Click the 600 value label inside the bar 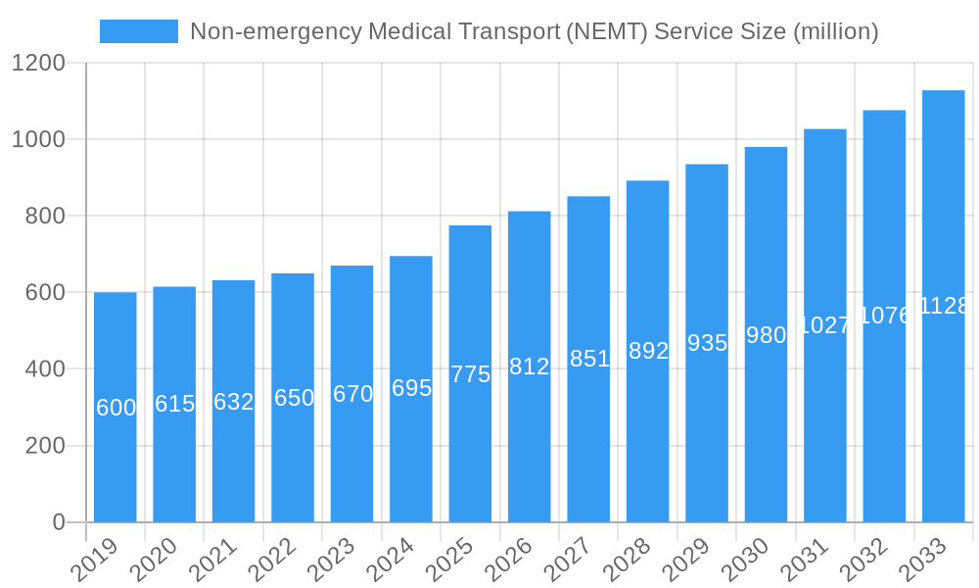click(116, 408)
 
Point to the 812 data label click(530, 367)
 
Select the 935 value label click(707, 343)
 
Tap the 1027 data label click(825, 325)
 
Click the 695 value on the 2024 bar click(411, 388)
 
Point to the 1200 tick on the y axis click(38, 64)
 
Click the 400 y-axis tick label click(45, 369)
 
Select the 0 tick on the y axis click(59, 522)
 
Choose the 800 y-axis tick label click(45, 217)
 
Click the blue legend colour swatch click(139, 31)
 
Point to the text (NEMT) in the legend click(607, 31)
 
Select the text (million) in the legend click(835, 31)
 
